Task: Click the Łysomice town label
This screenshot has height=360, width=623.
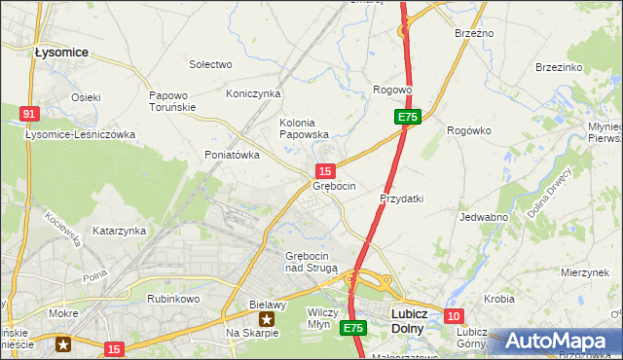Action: (61, 52)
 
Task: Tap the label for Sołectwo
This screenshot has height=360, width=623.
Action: (210, 64)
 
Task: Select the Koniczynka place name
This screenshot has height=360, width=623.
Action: (253, 93)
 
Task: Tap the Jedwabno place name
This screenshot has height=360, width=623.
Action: (484, 217)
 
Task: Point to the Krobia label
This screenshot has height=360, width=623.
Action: (498, 299)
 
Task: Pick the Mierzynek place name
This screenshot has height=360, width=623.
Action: (585, 273)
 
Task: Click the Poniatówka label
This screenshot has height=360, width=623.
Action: (232, 155)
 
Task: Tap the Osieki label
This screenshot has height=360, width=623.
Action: (86, 97)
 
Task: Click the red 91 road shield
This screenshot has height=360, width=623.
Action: (29, 115)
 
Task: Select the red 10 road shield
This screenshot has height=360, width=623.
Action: (454, 316)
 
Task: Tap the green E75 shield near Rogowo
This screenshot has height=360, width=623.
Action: (408, 117)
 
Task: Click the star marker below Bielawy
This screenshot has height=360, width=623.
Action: (266, 318)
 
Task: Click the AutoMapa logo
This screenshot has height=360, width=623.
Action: (560, 342)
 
